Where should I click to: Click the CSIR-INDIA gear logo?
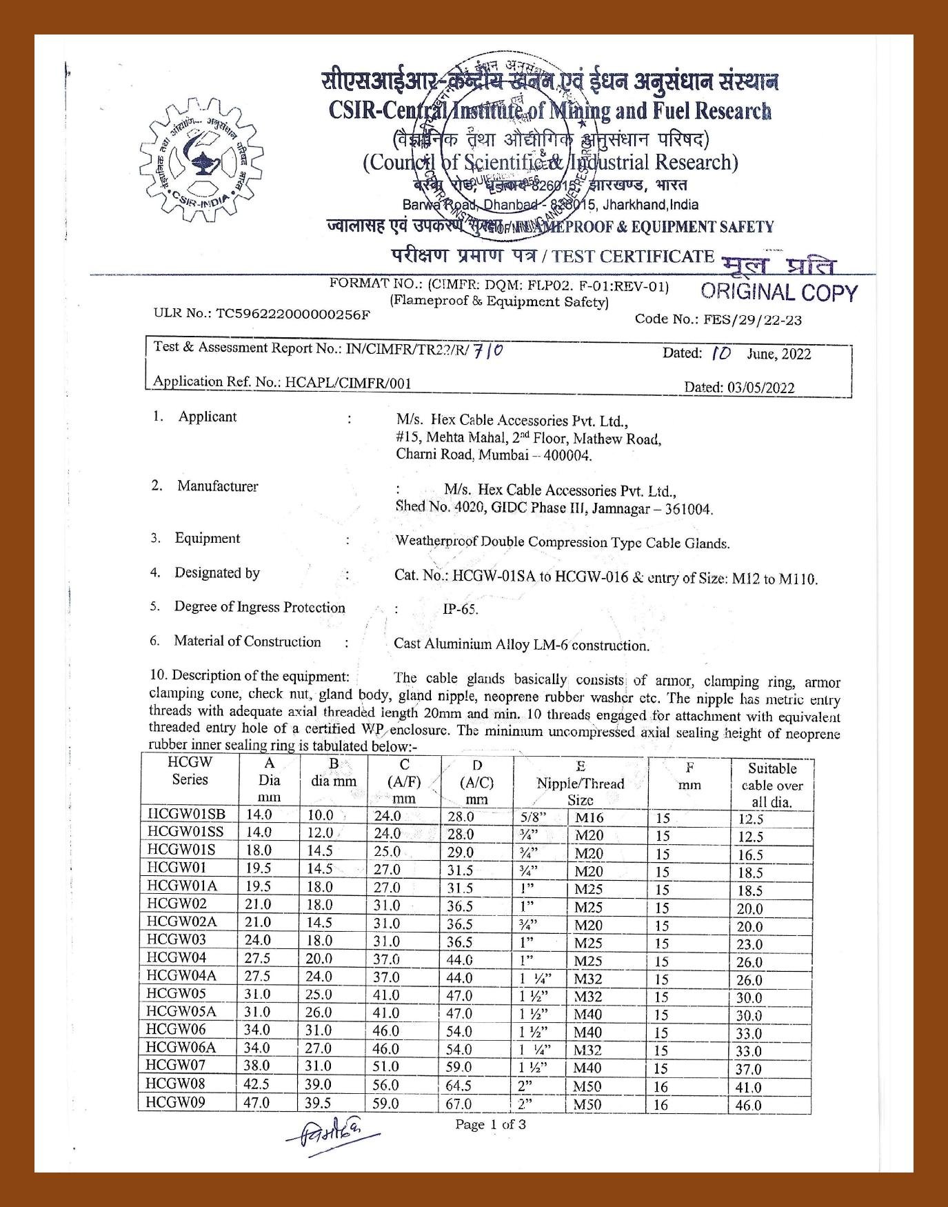[x=201, y=161]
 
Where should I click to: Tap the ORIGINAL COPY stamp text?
[x=778, y=292]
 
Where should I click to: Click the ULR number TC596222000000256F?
[x=293, y=314]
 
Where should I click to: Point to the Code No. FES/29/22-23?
[x=756, y=320]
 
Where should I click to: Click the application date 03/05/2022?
[x=760, y=387]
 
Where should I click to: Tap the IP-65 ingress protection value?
[x=460, y=610]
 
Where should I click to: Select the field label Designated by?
[x=216, y=572]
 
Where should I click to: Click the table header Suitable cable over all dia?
[x=771, y=785]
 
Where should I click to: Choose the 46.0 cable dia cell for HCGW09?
[x=749, y=1105]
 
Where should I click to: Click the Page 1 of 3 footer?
[x=490, y=1124]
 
